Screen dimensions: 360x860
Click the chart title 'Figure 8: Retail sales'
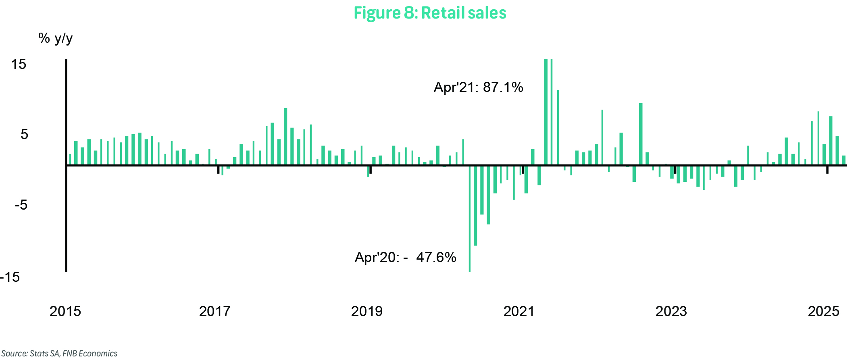tap(430, 13)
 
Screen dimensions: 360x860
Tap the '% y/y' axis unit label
tap(55, 38)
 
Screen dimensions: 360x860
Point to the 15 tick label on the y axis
tap(19, 64)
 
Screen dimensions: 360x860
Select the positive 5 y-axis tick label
tap(24, 134)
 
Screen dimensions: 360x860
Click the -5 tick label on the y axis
tap(21, 205)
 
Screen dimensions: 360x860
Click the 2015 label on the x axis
tap(65, 311)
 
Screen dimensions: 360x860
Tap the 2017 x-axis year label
tap(215, 311)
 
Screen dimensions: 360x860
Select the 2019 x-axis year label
tap(367, 311)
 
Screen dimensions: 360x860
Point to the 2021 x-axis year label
tap(519, 311)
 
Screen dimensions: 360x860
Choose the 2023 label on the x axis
tap(671, 311)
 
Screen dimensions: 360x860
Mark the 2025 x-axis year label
tap(824, 311)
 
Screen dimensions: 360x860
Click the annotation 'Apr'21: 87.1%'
tap(478, 87)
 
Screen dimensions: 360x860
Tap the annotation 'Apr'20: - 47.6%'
tap(405, 257)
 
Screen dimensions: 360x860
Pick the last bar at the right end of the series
tap(843, 160)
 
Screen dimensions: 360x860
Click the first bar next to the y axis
tap(70, 159)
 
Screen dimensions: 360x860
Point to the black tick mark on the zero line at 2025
tap(827, 170)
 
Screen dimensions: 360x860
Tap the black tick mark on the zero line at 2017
tap(219, 170)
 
